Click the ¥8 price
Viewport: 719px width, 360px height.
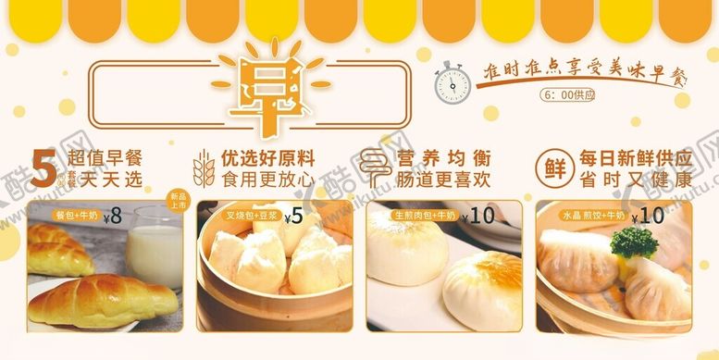click(114, 217)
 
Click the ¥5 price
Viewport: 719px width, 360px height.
click(294, 217)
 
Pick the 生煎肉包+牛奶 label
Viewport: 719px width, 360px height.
click(413, 217)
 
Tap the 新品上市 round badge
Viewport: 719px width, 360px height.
click(177, 201)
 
